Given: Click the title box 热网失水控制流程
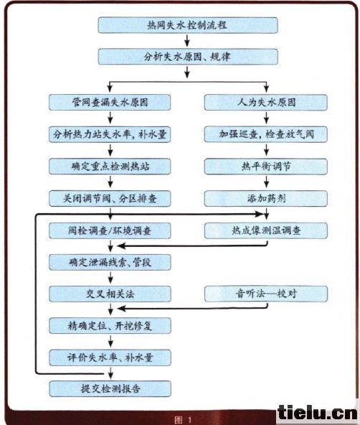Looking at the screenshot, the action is [188, 25].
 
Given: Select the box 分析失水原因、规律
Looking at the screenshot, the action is [188, 57].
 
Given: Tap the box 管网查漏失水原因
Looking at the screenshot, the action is [110, 102].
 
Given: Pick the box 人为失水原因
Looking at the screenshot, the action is [266, 102].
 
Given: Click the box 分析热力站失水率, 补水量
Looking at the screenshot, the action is [110, 134].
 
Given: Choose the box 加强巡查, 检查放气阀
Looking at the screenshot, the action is [266, 134].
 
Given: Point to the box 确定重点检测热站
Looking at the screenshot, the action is [110, 166].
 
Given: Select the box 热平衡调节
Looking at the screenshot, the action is [266, 166].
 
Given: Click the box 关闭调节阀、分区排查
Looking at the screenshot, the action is [110, 198].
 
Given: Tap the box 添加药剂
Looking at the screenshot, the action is [266, 198].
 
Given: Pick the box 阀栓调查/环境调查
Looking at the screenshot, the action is [110, 230].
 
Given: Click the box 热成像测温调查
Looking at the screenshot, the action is [266, 230].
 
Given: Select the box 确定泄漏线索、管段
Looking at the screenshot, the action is [110, 262].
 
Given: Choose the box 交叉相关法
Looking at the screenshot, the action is [110, 294].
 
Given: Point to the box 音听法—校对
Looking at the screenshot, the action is [266, 294].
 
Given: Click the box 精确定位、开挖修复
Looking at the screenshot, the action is [110, 325].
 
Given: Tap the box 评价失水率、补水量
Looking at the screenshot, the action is [110, 358].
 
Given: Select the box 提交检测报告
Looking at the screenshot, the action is [110, 388].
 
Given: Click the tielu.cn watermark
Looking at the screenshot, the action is [318, 413].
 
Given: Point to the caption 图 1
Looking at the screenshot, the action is [184, 420].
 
